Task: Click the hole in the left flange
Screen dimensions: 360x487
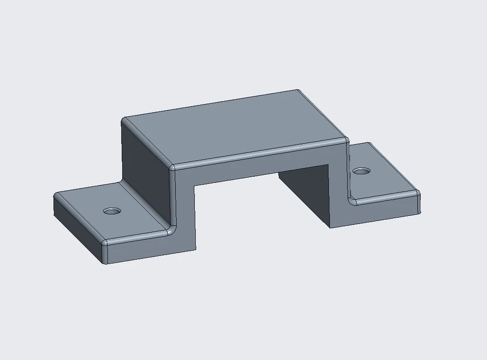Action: (x=112, y=211)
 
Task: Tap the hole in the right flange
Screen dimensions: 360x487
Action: (x=361, y=170)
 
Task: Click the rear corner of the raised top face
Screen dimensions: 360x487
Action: (x=298, y=91)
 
